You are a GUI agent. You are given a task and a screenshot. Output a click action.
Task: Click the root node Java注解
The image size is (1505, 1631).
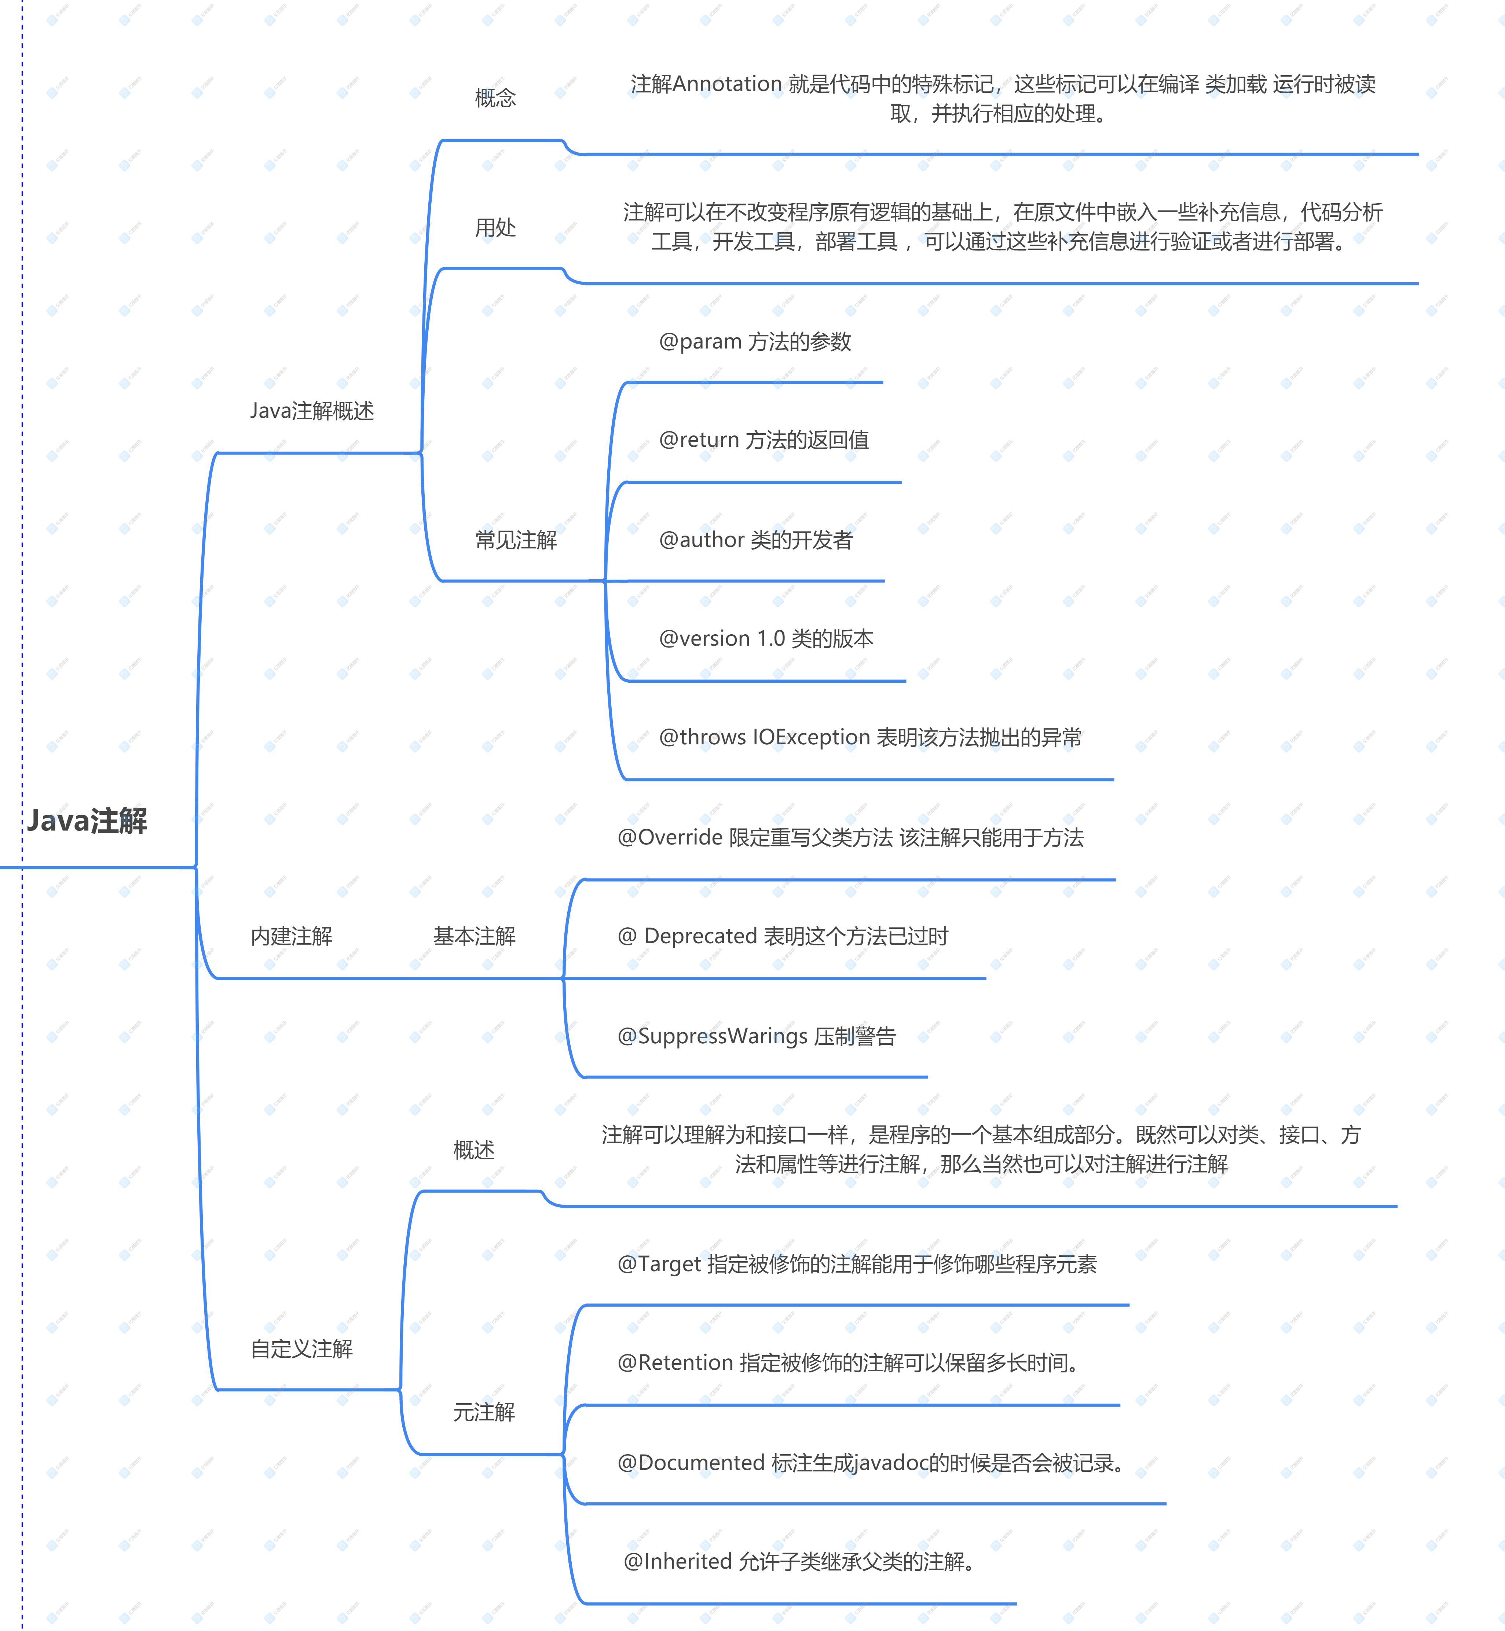pyautogui.click(x=87, y=820)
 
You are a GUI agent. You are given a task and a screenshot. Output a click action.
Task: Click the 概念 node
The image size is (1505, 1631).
pyautogui.click(x=495, y=98)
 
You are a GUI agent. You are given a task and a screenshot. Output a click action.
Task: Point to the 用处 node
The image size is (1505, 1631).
pyautogui.click(x=495, y=228)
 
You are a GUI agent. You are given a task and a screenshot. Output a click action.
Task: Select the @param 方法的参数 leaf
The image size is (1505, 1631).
pyautogui.click(x=755, y=342)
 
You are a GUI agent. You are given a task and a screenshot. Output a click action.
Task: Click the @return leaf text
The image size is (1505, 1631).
pyautogui.click(x=763, y=440)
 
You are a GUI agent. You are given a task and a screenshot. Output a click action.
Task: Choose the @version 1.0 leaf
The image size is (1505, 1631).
pyautogui.click(x=766, y=639)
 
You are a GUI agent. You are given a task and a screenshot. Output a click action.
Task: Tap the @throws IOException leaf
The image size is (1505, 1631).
pyautogui.click(x=870, y=737)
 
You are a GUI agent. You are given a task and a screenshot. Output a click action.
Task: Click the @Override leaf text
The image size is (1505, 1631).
pyautogui.click(x=850, y=838)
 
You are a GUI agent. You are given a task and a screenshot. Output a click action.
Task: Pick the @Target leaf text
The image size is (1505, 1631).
pyautogui.click(x=857, y=1263)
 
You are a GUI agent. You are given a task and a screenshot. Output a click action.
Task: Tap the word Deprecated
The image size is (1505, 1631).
pyautogui.click(x=700, y=936)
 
